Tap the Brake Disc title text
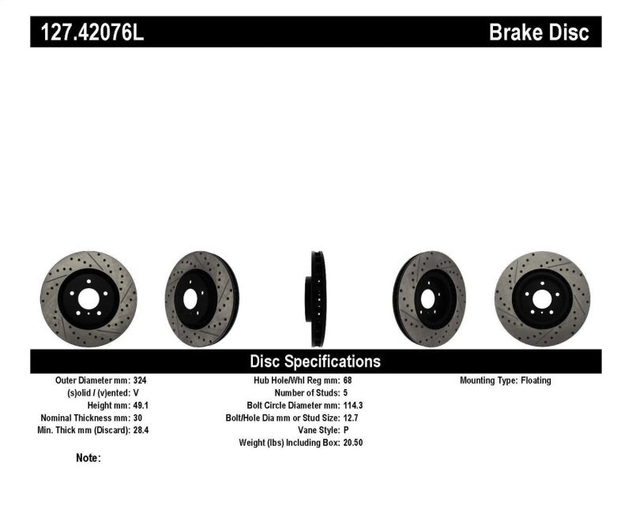[x=539, y=32]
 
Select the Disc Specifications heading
[x=315, y=362]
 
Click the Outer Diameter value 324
[x=141, y=380]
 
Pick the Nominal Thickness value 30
[x=138, y=418]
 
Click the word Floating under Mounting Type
[x=536, y=380]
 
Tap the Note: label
[x=88, y=458]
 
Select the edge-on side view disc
[x=316, y=298]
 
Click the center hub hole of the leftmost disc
[x=88, y=299]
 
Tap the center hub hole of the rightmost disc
[x=542, y=299]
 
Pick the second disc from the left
[x=201, y=299]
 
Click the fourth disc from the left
[x=429, y=299]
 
